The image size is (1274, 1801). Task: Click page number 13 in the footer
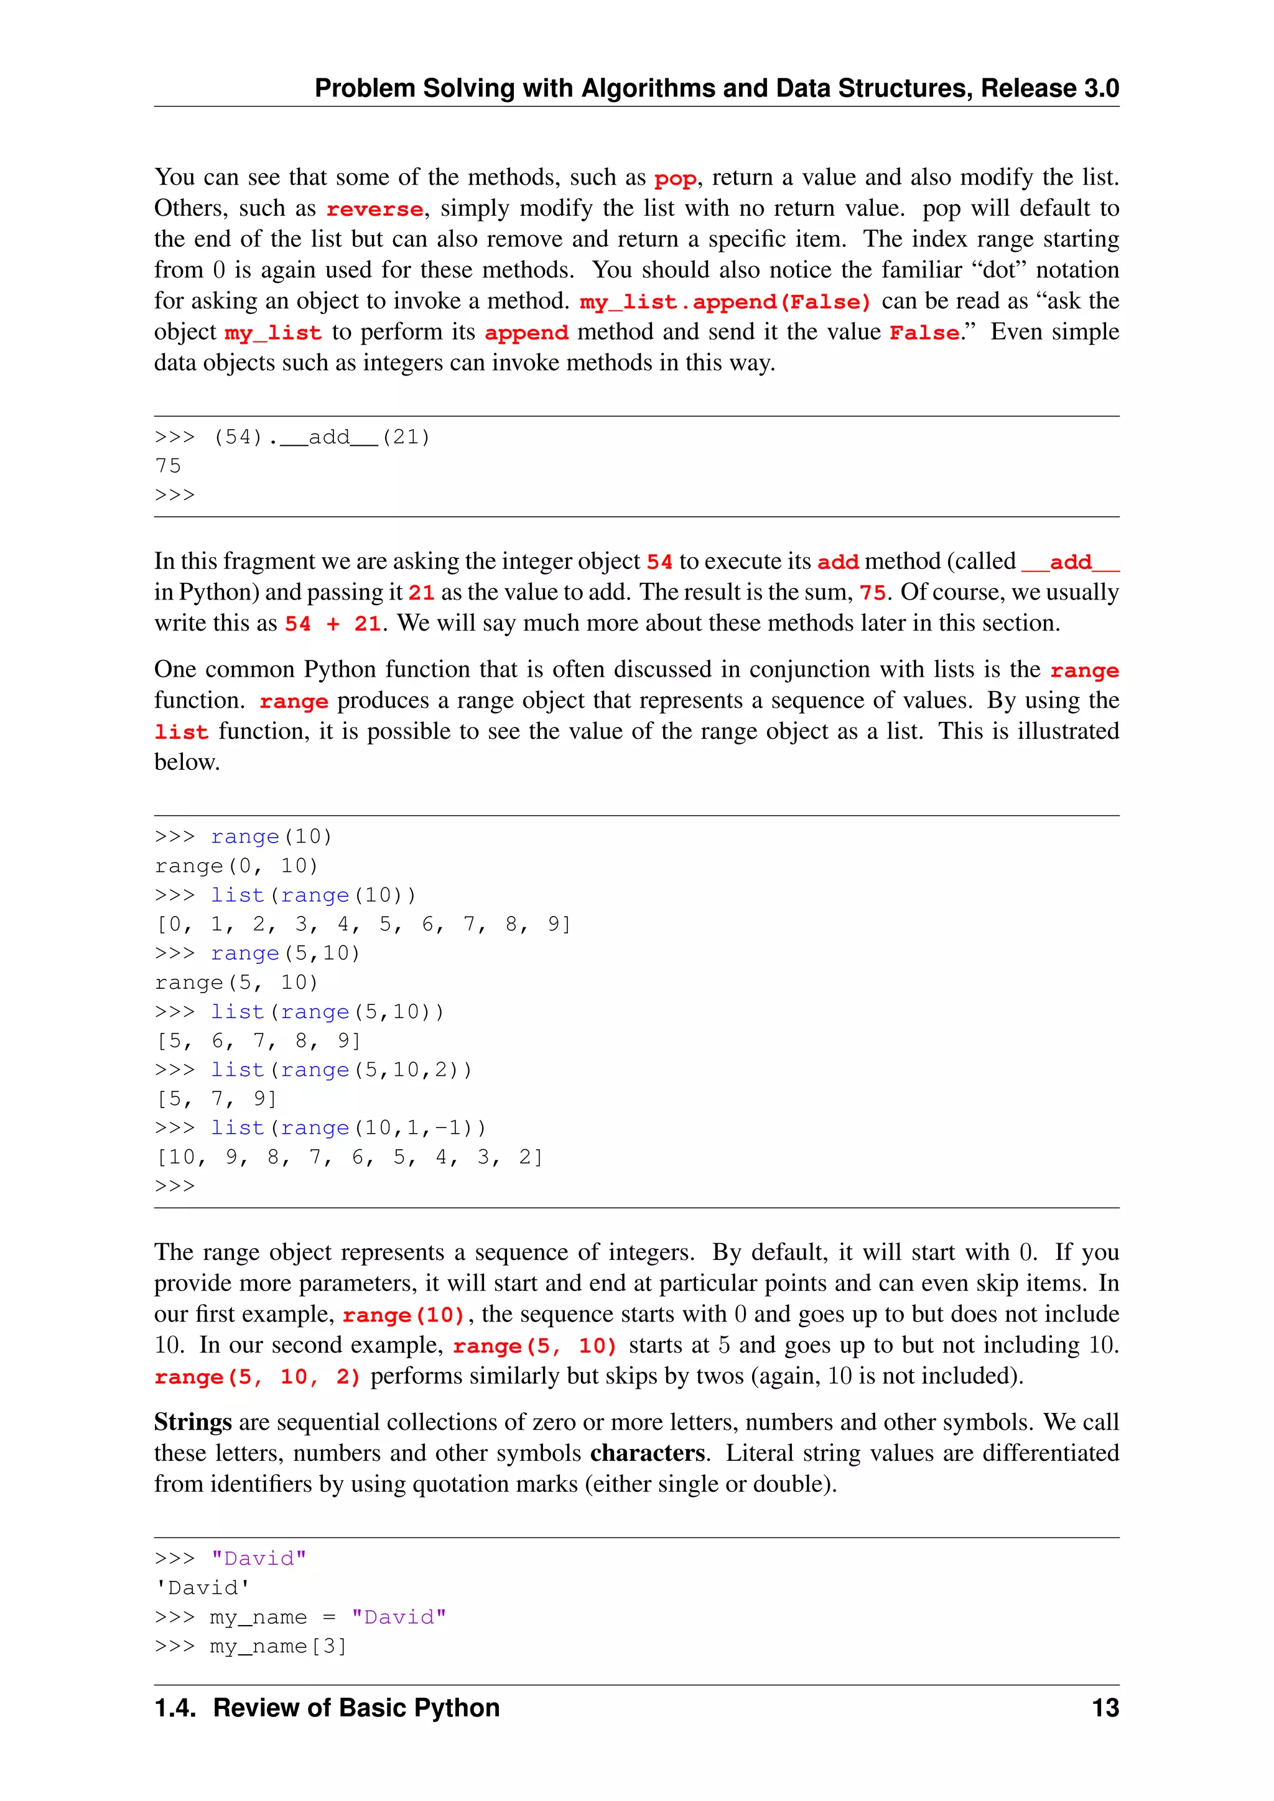pos(1105,1708)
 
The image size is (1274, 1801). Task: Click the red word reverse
pos(374,210)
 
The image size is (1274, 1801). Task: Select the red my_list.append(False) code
pos(725,302)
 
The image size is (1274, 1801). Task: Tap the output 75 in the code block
pos(168,466)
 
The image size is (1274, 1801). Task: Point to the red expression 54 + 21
pos(333,624)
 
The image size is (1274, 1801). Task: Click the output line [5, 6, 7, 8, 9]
pos(258,1041)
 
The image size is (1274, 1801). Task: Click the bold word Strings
pos(192,1422)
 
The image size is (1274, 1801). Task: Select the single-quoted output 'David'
pos(202,1588)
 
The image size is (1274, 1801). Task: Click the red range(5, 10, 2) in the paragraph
pos(258,1377)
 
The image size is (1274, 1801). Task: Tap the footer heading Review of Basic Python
pos(356,1708)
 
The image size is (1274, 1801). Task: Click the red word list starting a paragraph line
pos(181,733)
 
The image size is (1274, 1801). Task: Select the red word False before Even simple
pos(923,333)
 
